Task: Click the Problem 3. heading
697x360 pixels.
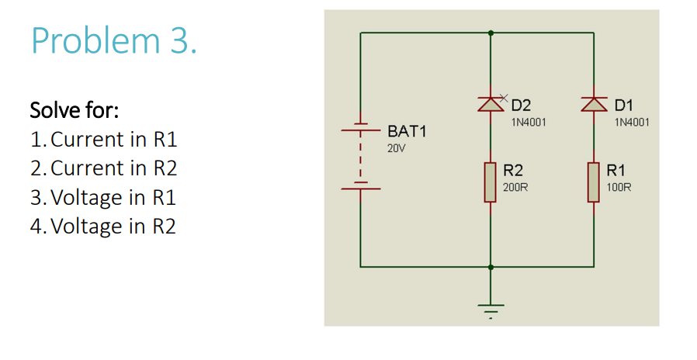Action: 114,41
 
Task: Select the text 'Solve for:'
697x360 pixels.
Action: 74,111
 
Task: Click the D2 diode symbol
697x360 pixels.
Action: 491,104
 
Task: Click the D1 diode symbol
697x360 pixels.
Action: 595,104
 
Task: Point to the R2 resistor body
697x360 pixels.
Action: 491,182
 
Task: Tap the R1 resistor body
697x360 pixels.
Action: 595,182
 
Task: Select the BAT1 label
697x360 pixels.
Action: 407,131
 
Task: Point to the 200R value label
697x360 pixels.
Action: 516,188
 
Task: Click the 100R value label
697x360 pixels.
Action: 619,188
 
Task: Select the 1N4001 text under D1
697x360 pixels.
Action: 632,122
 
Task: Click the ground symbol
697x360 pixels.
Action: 491,310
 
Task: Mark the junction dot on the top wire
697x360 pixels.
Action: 491,33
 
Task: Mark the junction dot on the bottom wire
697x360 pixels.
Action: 491,266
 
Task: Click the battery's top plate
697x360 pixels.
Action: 360,125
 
